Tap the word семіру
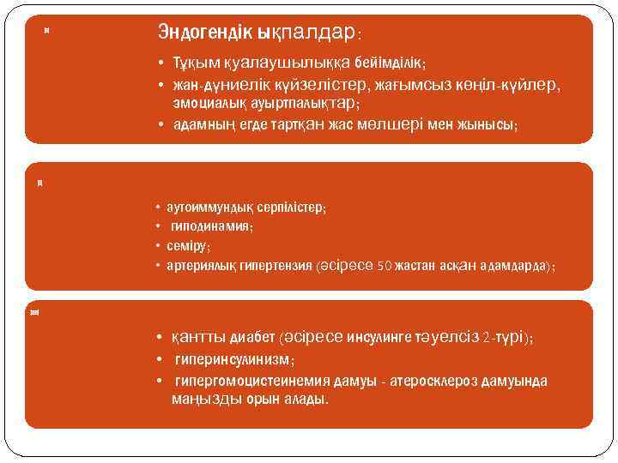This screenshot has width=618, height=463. pyautogui.click(x=188, y=246)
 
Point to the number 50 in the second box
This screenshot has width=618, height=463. pyautogui.click(x=385, y=266)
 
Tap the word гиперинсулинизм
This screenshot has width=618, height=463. pyautogui.click(x=233, y=360)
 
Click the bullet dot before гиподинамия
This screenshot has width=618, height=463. pyautogui.click(x=158, y=227)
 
